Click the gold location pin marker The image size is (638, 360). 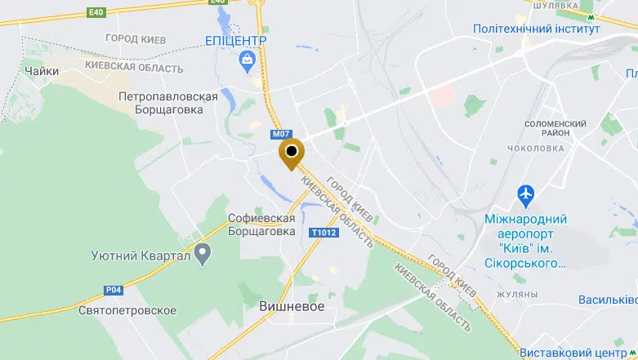291,153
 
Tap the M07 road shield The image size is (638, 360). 281,134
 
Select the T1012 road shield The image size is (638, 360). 323,233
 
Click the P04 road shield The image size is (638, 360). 114,289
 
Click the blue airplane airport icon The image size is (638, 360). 527,195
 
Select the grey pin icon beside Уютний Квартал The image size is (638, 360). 203,256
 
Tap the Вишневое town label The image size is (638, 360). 292,306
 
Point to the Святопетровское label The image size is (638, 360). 128,311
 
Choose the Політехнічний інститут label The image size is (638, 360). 536,29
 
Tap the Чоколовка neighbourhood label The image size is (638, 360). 535,148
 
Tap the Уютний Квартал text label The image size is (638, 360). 141,257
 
